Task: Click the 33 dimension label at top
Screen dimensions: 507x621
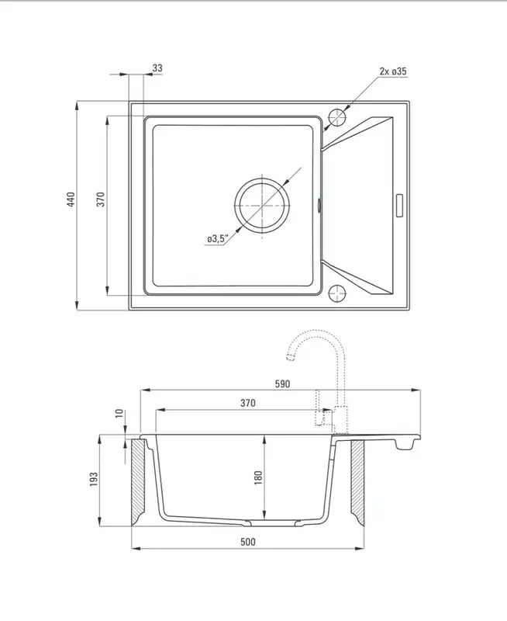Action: pyautogui.click(x=157, y=68)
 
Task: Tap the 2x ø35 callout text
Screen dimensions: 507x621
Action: pyautogui.click(x=393, y=71)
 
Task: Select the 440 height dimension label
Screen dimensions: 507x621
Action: pyautogui.click(x=71, y=200)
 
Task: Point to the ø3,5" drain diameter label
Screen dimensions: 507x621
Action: pyautogui.click(x=218, y=239)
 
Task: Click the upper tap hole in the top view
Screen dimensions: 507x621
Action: pyautogui.click(x=337, y=117)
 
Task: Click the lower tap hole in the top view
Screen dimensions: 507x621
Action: pyautogui.click(x=337, y=293)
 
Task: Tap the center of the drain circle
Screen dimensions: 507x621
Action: pyautogui.click(x=262, y=206)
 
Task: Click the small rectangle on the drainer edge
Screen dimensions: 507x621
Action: pyautogui.click(x=399, y=205)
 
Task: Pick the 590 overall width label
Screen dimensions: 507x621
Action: pyautogui.click(x=282, y=383)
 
